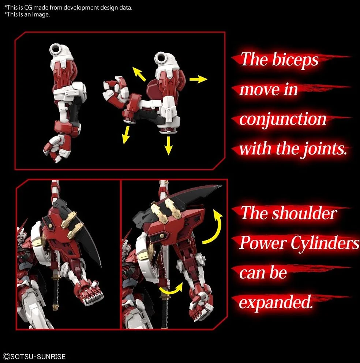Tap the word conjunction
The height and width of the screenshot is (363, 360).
[x=282, y=120]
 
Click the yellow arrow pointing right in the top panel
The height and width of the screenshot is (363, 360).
[x=199, y=79]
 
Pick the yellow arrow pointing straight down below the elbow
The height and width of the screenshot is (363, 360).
[x=168, y=145]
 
